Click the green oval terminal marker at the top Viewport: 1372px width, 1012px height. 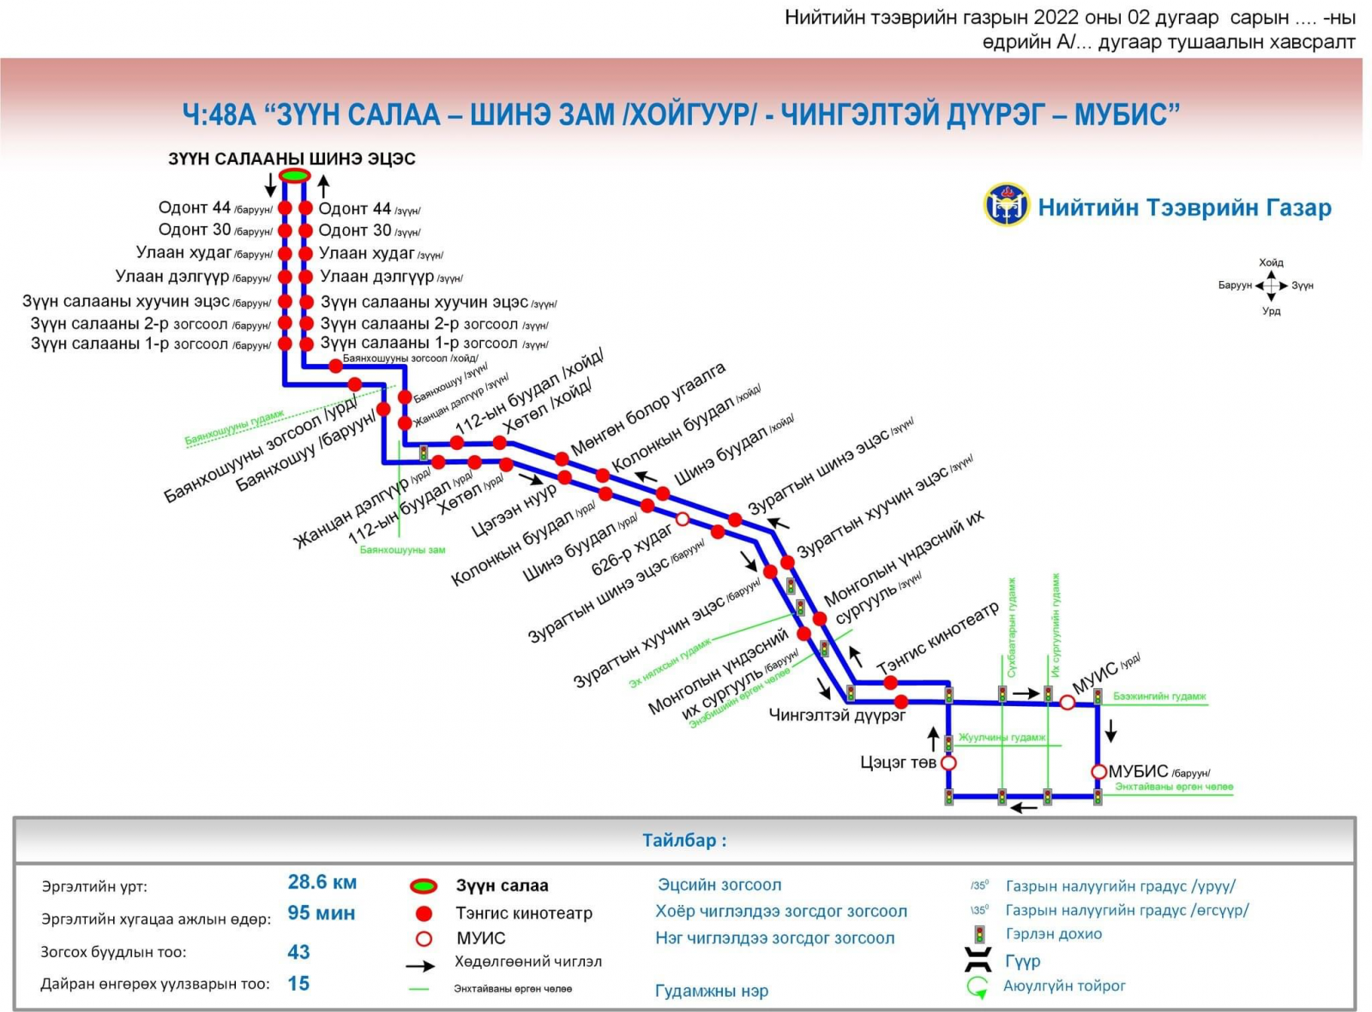coord(294,176)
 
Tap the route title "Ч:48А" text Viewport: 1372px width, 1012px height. coord(219,114)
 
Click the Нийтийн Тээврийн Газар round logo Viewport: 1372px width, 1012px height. coord(1006,205)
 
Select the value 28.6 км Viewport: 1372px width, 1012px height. coord(322,882)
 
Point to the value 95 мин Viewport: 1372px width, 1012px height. coord(321,913)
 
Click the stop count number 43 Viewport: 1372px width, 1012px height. coord(298,952)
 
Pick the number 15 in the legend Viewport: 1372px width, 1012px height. coord(298,984)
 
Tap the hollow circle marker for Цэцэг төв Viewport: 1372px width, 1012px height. coord(948,763)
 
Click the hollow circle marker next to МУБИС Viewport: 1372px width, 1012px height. coord(1098,771)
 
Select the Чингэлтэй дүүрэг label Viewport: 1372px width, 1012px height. coord(837,715)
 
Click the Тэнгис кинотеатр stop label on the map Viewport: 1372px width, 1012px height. coord(938,638)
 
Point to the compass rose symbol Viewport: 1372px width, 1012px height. coord(1271,286)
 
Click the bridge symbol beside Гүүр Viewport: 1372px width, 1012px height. coord(978,960)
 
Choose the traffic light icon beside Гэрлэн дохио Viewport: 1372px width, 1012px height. coord(978,934)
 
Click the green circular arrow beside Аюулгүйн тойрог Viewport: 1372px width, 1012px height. coord(978,987)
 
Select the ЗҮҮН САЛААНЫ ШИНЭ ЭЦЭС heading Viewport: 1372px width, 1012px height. coord(292,159)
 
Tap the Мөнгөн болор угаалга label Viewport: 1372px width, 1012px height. coord(648,408)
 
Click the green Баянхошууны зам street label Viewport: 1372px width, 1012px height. coord(402,550)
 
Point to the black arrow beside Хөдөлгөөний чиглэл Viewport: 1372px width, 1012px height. coord(420,966)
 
